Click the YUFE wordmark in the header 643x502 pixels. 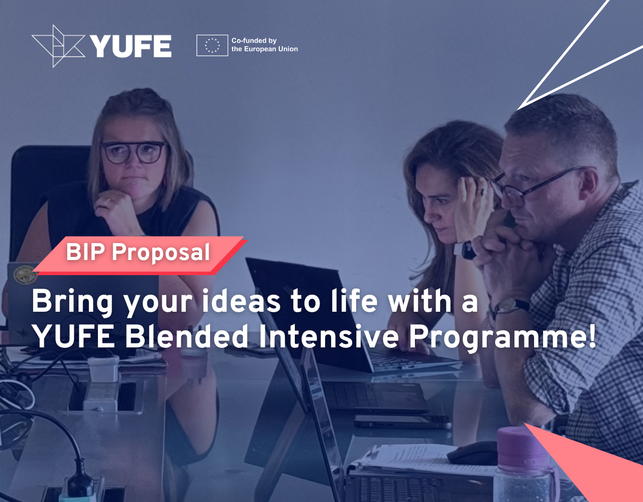coord(131,46)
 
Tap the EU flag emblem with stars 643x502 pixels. coord(212,45)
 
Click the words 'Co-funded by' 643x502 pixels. coord(254,41)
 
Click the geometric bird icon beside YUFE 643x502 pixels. coord(58,46)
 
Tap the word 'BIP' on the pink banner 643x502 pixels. coord(85,252)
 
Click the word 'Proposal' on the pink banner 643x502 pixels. coord(161,254)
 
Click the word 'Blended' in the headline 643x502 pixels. coord(186,336)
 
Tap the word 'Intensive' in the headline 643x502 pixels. coord(329,336)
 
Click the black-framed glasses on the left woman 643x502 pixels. coord(134,152)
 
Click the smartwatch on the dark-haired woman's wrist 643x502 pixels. coord(467,250)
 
